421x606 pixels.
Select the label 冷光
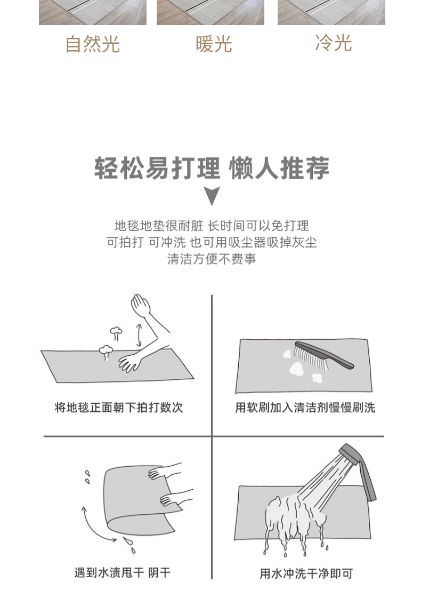[x=333, y=43]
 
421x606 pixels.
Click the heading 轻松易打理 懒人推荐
[x=212, y=168]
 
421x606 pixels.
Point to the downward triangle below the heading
[x=212, y=196]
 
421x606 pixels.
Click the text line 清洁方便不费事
[x=212, y=259]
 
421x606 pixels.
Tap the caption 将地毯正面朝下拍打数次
[x=119, y=408]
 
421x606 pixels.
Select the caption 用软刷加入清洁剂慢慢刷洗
[x=305, y=408]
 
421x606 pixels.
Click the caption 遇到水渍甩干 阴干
[x=123, y=573]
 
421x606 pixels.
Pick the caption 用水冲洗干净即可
[x=306, y=573]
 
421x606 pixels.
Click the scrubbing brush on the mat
[x=323, y=355]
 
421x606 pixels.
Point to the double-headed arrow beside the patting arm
[x=139, y=336]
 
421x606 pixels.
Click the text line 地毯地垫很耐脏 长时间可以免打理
[x=212, y=225]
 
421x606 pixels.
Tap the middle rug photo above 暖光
[x=210, y=12]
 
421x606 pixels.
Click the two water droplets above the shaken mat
[x=87, y=477]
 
